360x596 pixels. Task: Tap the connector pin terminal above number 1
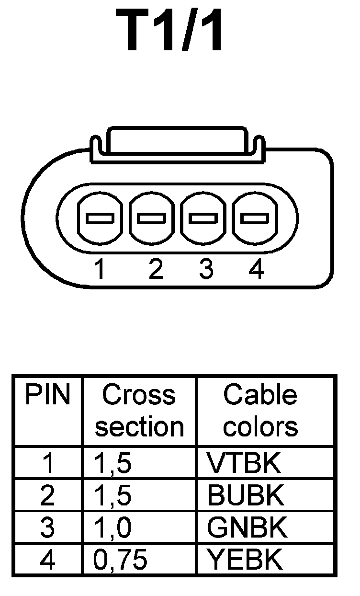coord(100,219)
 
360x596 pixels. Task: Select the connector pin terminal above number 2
coord(151,219)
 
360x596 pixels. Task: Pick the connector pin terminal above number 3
coord(203,219)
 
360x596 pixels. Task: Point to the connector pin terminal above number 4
coord(254,219)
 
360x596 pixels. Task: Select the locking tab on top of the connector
coord(178,142)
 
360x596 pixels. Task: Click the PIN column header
coord(47,396)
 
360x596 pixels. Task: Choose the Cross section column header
coord(139,411)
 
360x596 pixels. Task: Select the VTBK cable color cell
coord(243,463)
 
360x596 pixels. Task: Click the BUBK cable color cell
coord(246,496)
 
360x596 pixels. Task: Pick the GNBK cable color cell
coord(247,527)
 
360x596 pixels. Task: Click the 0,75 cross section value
coord(120,559)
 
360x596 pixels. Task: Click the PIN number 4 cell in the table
coord(47,559)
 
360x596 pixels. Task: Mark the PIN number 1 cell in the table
coord(47,463)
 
